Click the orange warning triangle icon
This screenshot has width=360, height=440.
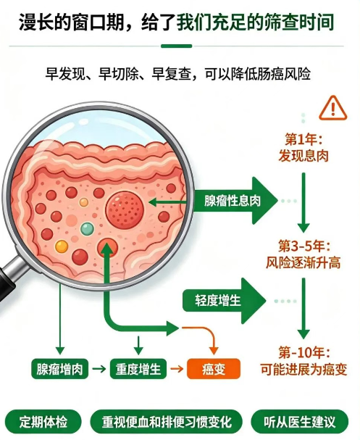point(332,108)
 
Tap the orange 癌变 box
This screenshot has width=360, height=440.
point(214,369)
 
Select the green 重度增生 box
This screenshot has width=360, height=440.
point(138,369)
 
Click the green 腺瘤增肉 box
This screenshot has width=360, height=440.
point(59,369)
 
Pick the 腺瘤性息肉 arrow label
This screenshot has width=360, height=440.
point(232,201)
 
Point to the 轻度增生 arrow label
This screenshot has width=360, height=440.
point(218,301)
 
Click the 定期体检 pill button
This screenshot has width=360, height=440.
point(43,422)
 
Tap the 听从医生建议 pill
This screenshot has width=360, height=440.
point(299,422)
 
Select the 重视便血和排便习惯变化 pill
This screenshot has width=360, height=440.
point(167,422)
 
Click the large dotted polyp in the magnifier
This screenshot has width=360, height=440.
point(125,209)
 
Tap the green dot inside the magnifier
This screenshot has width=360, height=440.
point(87,228)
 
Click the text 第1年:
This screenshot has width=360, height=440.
point(304,139)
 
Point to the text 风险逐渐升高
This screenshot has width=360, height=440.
point(304,263)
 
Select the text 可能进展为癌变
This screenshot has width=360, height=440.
point(304,369)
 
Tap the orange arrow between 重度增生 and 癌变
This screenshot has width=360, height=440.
point(177,368)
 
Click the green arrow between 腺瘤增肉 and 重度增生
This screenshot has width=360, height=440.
point(99,368)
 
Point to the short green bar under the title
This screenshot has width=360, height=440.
point(176,46)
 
